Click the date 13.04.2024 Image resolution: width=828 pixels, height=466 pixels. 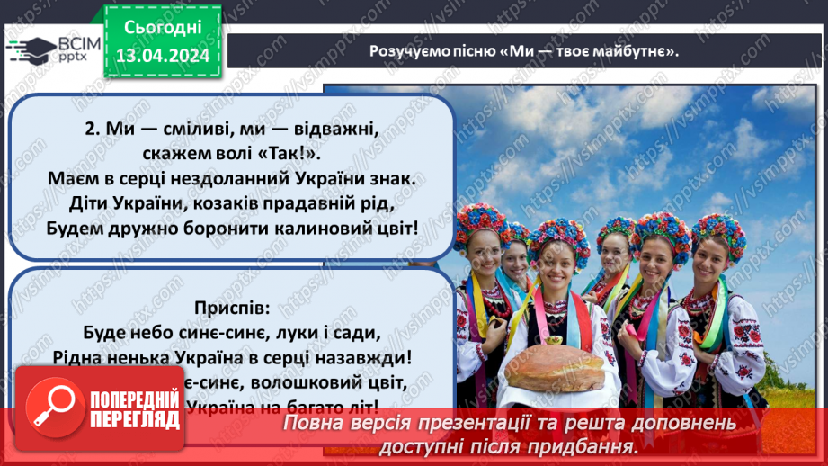pos(162,55)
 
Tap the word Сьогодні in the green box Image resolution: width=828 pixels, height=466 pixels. pos(163,27)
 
